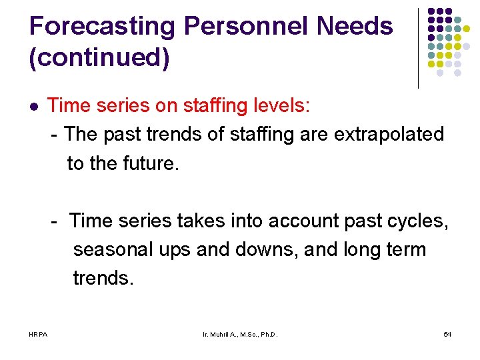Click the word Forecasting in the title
click(x=102, y=27)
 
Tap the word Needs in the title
click(x=355, y=27)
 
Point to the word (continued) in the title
click(x=99, y=58)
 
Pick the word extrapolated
click(x=389, y=134)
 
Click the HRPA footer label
click(x=38, y=333)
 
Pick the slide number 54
click(x=447, y=333)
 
